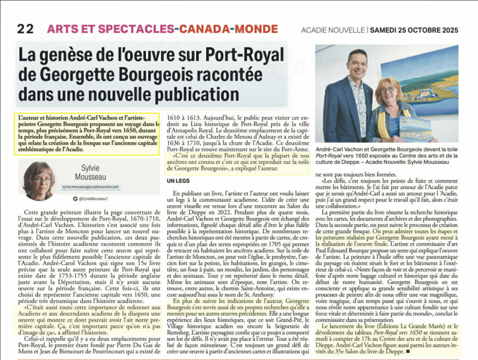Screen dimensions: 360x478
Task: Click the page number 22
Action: tap(25, 29)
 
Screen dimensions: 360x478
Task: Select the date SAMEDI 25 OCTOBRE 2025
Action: tap(414, 30)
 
